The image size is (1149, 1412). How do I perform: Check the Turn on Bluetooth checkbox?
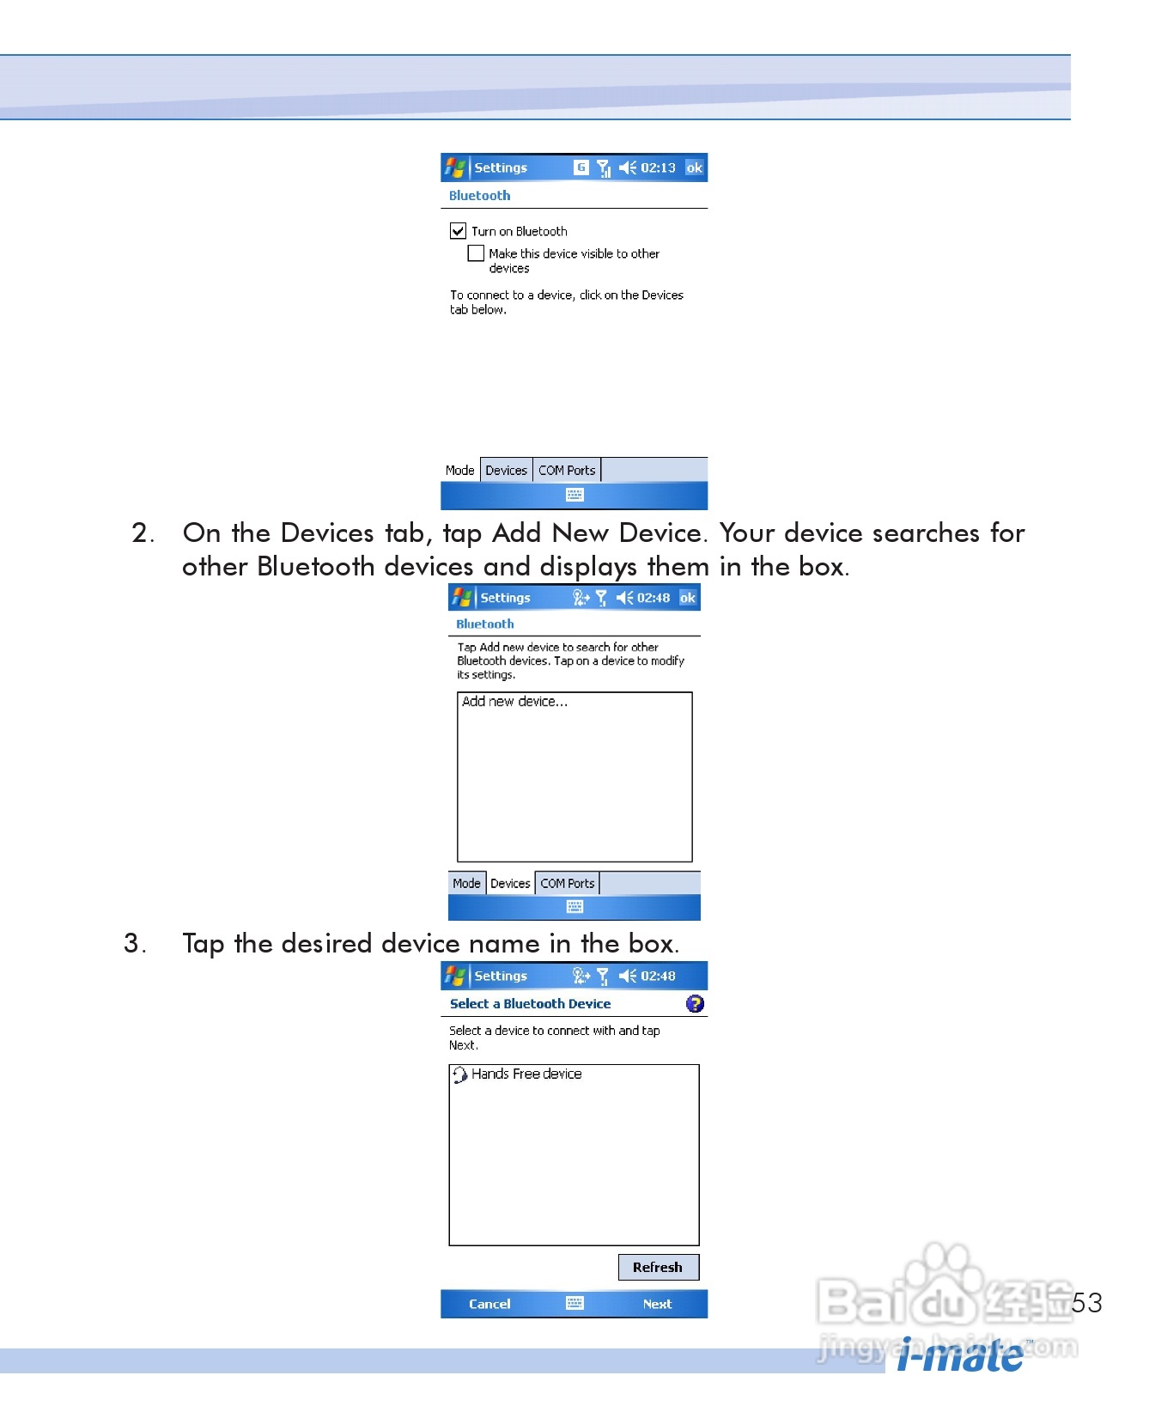[458, 231]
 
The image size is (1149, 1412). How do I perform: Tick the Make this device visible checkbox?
[476, 253]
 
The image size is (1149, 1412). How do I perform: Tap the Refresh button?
[658, 1267]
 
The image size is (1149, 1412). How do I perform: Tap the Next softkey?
[657, 1304]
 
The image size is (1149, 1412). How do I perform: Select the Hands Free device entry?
[518, 1074]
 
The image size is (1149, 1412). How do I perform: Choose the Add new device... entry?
[514, 702]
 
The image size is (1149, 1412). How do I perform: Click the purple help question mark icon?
[695, 1003]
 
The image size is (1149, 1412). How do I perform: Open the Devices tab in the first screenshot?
[506, 471]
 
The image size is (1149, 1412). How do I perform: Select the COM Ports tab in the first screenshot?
[567, 471]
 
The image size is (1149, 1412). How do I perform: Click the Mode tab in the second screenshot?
[466, 883]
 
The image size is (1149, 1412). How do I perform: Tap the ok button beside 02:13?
[695, 167]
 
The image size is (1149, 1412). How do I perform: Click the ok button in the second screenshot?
[688, 598]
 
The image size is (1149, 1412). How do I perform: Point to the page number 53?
[1087, 1303]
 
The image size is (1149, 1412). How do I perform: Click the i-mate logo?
[961, 1354]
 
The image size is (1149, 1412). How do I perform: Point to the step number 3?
[135, 944]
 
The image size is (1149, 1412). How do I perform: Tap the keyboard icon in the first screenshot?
[574, 495]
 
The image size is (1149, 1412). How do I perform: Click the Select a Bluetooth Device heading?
[530, 1003]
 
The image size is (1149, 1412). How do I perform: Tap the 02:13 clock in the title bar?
[658, 167]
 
